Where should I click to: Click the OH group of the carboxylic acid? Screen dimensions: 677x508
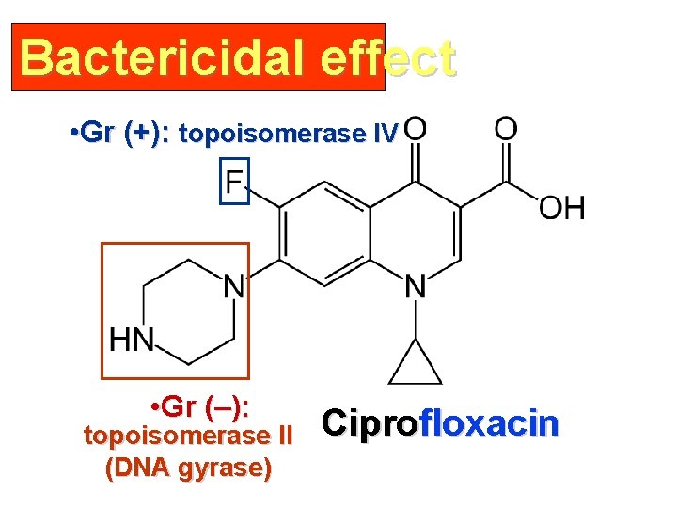(561, 208)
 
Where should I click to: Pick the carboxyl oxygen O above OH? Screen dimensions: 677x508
(506, 128)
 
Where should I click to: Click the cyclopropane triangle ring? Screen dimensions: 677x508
(415, 366)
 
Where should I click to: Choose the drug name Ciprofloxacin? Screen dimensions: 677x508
(440, 423)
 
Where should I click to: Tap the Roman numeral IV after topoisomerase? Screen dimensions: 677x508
(386, 134)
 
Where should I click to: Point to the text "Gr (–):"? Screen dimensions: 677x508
(206, 408)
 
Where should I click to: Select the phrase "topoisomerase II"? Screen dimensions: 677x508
(189, 437)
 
